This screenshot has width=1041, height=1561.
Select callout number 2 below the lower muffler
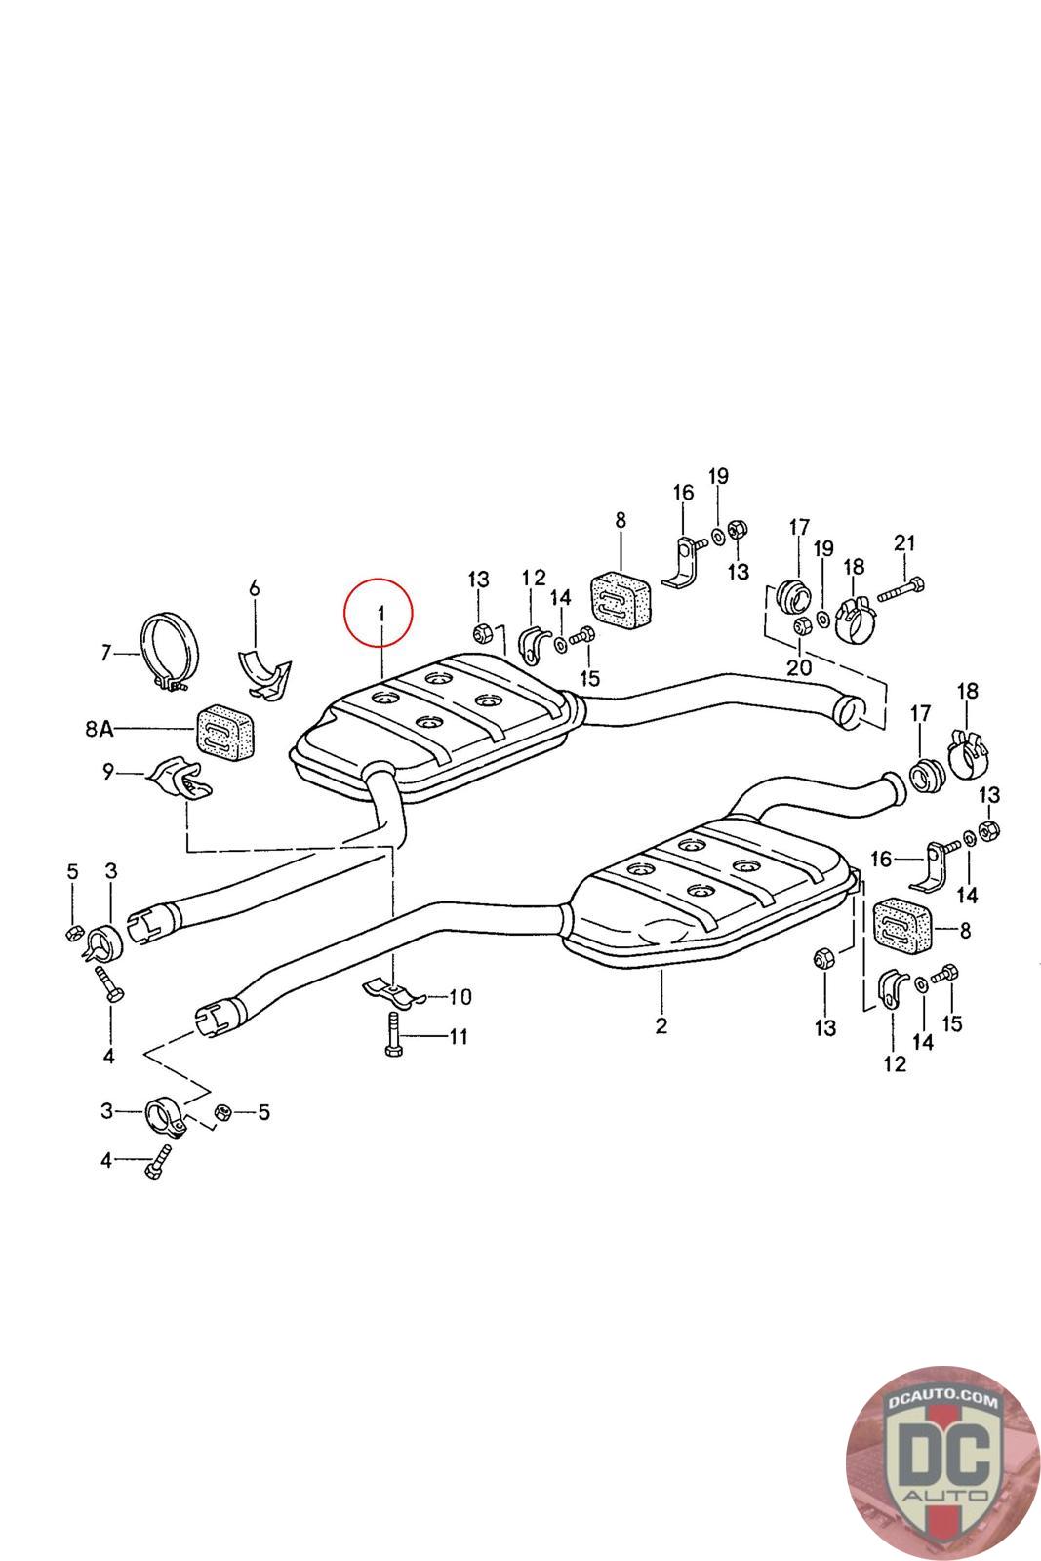tap(661, 1025)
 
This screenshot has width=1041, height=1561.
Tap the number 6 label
tap(255, 587)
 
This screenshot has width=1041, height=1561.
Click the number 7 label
tap(106, 653)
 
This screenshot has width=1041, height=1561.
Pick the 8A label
tap(100, 728)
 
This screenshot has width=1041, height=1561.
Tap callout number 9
tap(107, 773)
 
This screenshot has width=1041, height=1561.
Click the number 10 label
tap(460, 996)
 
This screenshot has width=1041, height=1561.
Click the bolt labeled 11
tap(392, 1033)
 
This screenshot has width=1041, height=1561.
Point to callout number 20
tap(799, 668)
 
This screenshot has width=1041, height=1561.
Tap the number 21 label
tap(904, 542)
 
